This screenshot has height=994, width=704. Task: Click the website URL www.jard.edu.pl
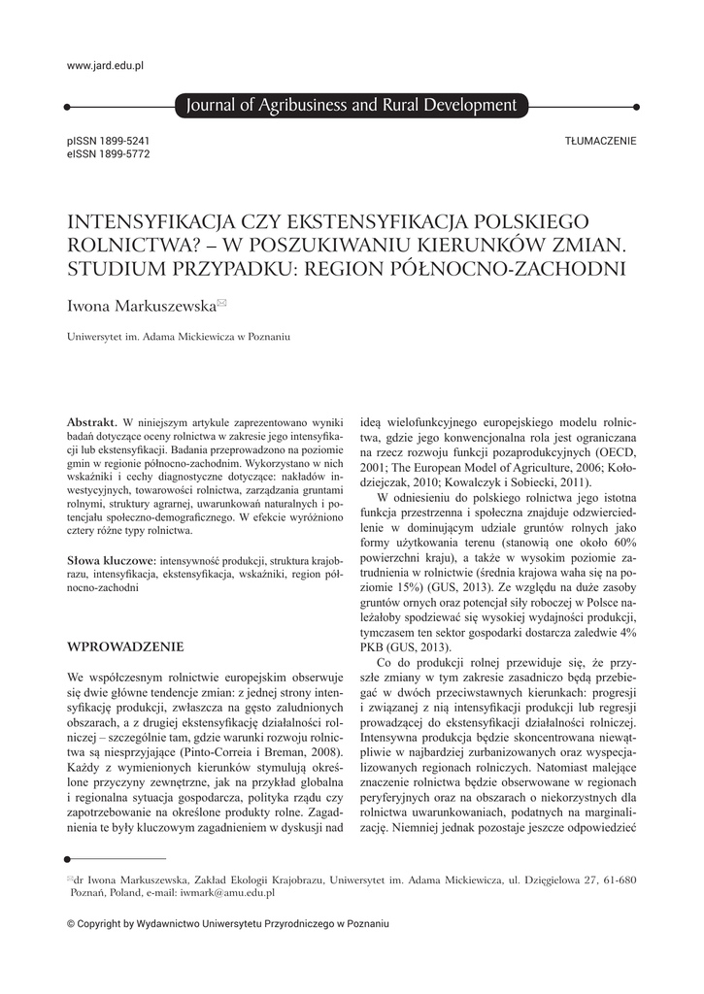tap(105, 66)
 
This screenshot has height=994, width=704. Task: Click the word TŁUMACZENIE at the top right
tap(600, 141)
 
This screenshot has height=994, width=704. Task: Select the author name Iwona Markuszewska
tap(140, 306)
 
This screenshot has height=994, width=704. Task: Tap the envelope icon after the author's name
tap(221, 303)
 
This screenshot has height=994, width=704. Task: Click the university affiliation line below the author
tap(179, 338)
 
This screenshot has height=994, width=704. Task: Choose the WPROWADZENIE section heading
tap(124, 646)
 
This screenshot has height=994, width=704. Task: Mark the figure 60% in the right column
tap(622, 540)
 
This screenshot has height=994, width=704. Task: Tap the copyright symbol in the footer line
tap(71, 924)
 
